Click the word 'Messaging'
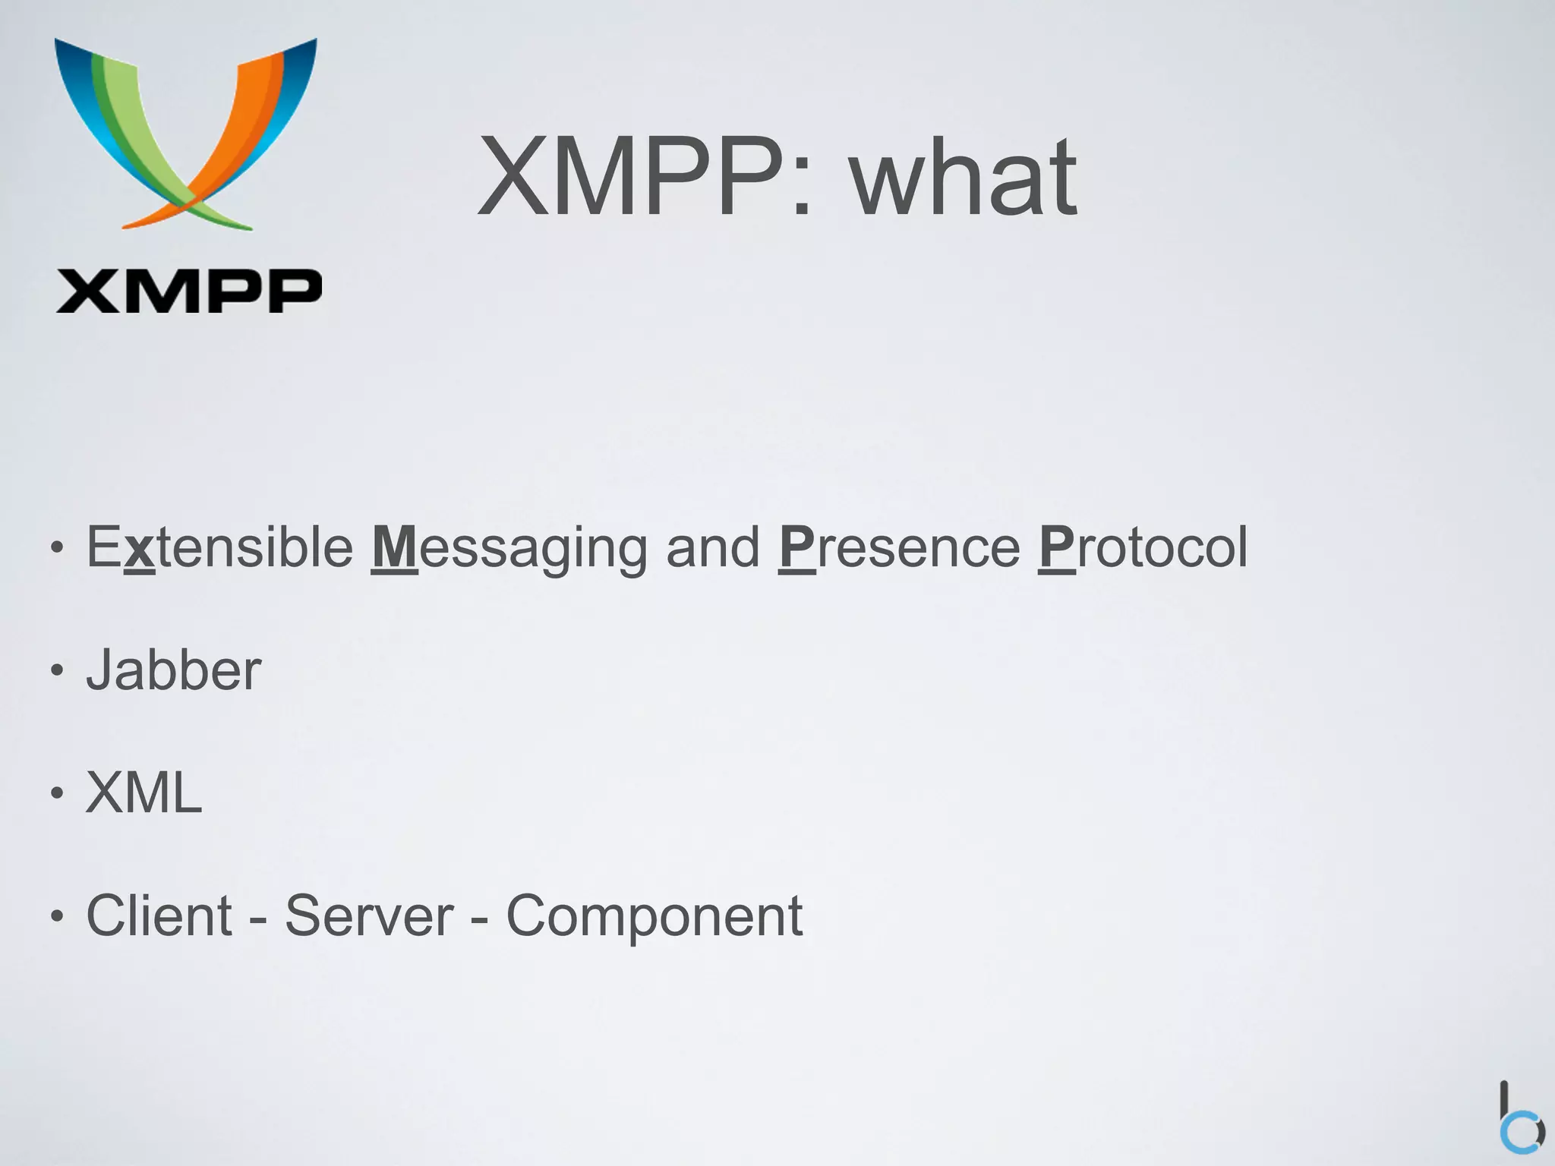point(509,548)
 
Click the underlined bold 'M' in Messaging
point(394,547)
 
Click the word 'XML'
point(144,793)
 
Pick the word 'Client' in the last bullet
point(159,915)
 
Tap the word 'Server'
point(369,915)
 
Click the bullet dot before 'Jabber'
point(56,671)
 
